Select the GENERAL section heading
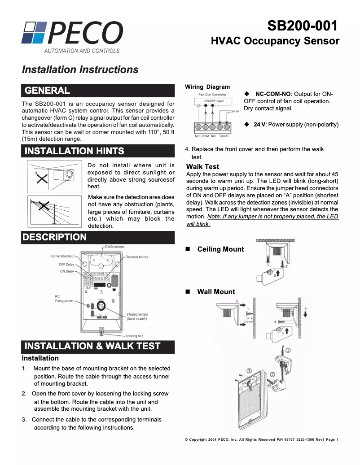48,91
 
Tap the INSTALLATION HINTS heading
74,151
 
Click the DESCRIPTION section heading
55,237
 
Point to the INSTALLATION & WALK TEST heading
92,346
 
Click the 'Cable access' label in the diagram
115,247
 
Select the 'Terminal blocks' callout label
137,257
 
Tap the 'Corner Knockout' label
62,256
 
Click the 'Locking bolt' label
135,336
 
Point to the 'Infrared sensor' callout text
137,314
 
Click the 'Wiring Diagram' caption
207,87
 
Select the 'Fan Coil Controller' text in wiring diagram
212,95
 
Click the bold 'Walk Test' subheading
202,167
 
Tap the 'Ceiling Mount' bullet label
220,249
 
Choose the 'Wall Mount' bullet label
216,292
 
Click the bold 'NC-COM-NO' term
273,94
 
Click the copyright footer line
261,439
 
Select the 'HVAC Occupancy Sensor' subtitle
275,41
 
